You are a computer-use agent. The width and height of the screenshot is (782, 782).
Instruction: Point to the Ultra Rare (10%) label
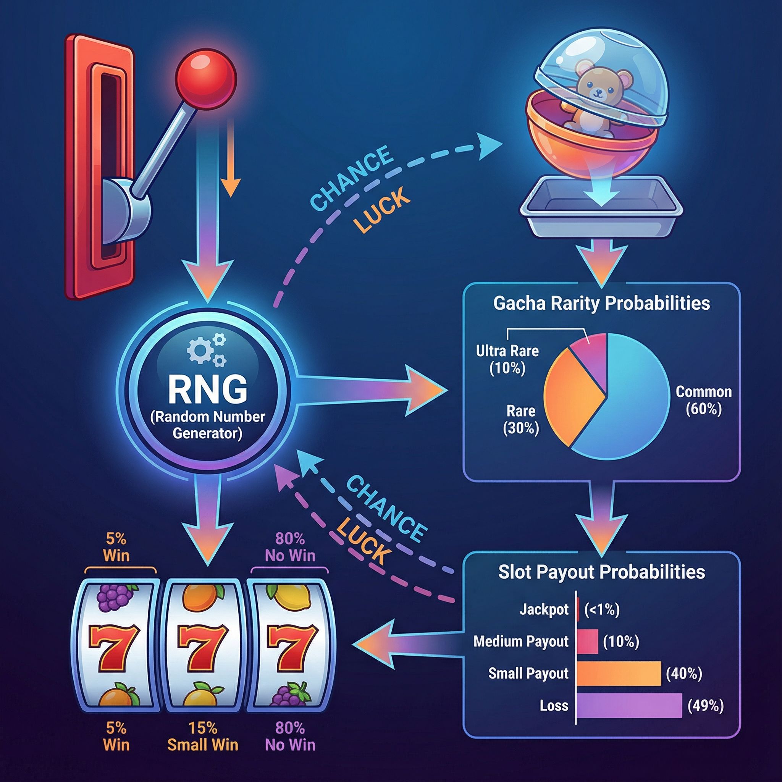coord(507,359)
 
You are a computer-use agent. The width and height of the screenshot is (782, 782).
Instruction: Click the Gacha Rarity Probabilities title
coord(601,304)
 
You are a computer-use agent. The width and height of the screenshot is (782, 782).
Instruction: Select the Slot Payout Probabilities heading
coord(601,572)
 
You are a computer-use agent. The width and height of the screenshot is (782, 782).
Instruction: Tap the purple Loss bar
coord(629,706)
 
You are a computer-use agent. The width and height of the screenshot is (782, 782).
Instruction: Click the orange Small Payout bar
coord(618,673)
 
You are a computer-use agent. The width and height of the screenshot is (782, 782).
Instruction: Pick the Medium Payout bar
coord(587,641)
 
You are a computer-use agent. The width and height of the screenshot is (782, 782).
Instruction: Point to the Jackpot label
coord(544,609)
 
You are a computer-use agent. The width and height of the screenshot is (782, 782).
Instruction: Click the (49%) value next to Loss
coord(706,706)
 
